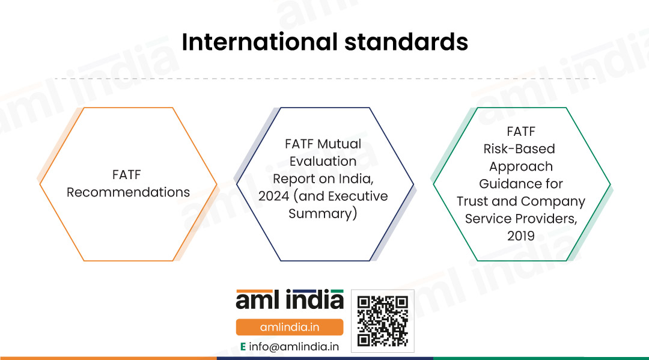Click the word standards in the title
click(x=406, y=42)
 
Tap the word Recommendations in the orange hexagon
click(x=129, y=192)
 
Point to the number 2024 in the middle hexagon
click(x=273, y=196)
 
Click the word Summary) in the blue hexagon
click(x=323, y=214)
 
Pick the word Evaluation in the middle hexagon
click(x=323, y=162)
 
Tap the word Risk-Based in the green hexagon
click(x=519, y=149)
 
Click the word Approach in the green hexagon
click(x=521, y=166)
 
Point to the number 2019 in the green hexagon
click(x=520, y=236)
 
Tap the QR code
click(x=382, y=321)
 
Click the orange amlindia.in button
click(x=290, y=328)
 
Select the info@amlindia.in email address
click(x=294, y=347)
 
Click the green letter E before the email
click(x=243, y=347)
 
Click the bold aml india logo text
click(x=290, y=299)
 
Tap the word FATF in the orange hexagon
click(x=127, y=175)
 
